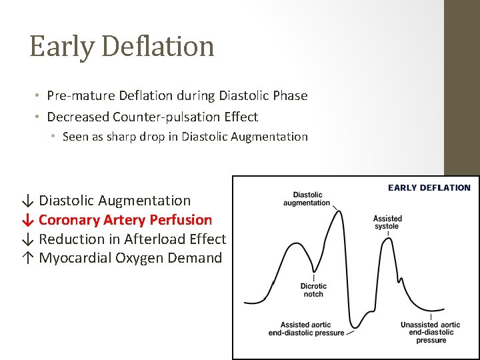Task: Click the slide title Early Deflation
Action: coord(122,47)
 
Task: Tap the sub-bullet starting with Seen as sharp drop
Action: coord(185,137)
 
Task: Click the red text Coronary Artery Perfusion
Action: coord(125,219)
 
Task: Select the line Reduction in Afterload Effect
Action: coord(132,239)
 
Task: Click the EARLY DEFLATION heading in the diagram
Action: coord(429,188)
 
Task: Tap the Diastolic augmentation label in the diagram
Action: coord(307,199)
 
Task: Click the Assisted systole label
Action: coord(387,222)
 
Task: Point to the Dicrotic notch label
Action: coord(313,290)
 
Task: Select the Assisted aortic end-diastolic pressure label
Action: coord(306,329)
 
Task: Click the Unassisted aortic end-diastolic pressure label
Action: coord(431,332)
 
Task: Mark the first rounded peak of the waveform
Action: coord(291,245)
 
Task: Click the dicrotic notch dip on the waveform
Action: coord(313,271)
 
